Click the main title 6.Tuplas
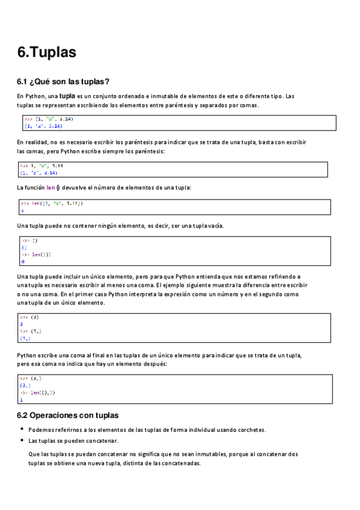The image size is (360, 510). tap(47, 52)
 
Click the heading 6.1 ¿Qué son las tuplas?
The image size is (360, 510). tap(63, 82)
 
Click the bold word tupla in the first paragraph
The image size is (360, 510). tap(67, 96)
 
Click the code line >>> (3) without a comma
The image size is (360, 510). tap(29, 316)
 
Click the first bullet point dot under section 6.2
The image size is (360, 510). tap(22, 429)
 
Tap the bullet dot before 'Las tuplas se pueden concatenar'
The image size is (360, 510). tap(22, 440)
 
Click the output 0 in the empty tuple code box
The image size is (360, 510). tap(22, 262)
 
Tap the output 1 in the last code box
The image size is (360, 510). tap(21, 399)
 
